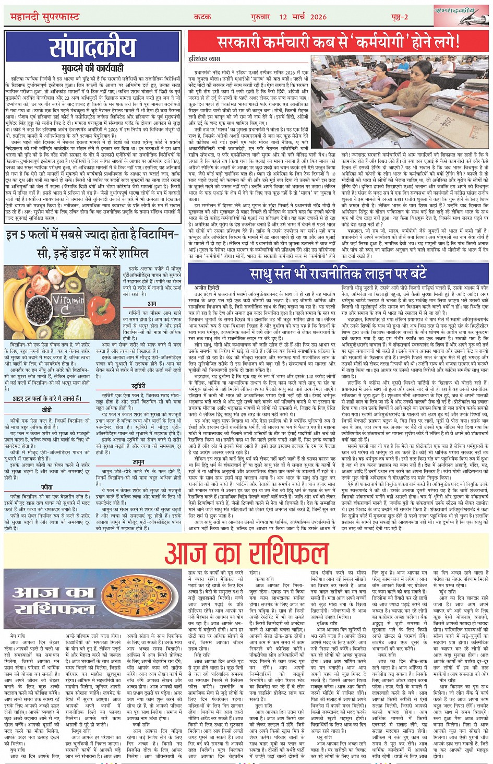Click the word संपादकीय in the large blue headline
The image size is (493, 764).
(92, 48)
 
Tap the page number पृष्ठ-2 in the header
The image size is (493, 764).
(399, 17)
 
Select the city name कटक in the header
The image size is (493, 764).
(202, 17)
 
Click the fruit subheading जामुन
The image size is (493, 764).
(138, 462)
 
